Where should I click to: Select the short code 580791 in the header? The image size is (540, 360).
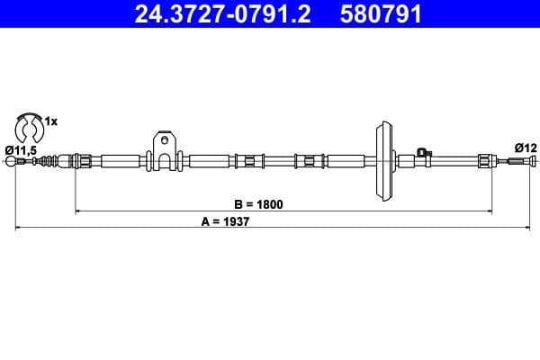tap(381, 14)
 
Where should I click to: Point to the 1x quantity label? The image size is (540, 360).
tap(51, 121)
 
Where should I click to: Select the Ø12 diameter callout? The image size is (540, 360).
tap(525, 148)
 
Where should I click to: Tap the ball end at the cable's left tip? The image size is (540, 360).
tap(13, 162)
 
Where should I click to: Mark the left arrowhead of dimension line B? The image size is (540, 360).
tap(77, 211)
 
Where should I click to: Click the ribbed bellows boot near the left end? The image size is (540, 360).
tap(55, 162)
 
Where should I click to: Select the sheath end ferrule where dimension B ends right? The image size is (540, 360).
tap(484, 162)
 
